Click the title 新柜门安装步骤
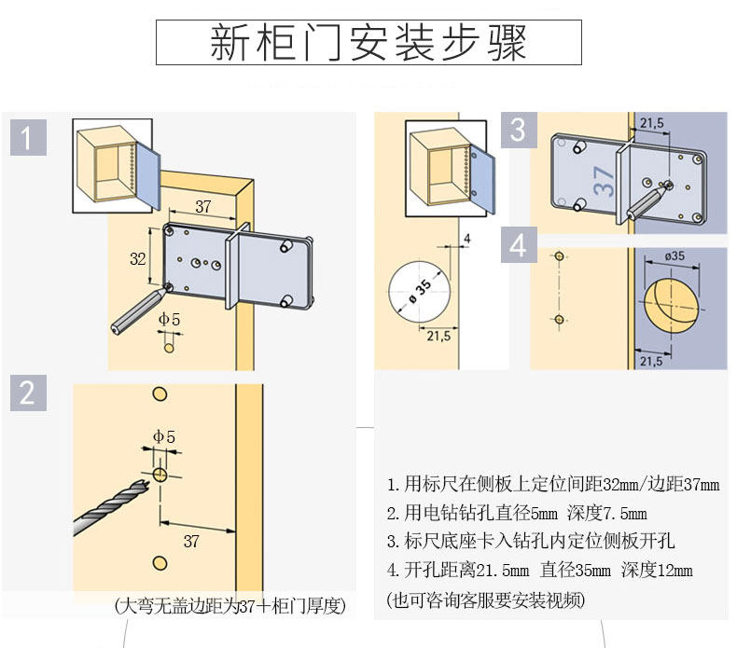[368, 43]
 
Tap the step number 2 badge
[28, 393]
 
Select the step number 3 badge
[518, 130]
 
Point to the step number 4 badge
[518, 246]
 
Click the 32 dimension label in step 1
[138, 259]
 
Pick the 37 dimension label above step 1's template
[203, 206]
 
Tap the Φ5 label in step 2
[164, 435]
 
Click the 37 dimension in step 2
[191, 541]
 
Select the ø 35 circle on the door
[419, 291]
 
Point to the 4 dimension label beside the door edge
[467, 238]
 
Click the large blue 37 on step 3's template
[604, 179]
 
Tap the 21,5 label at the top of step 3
[652, 122]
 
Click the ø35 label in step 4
[676, 256]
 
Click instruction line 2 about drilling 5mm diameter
[517, 513]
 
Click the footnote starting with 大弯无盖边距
[229, 606]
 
